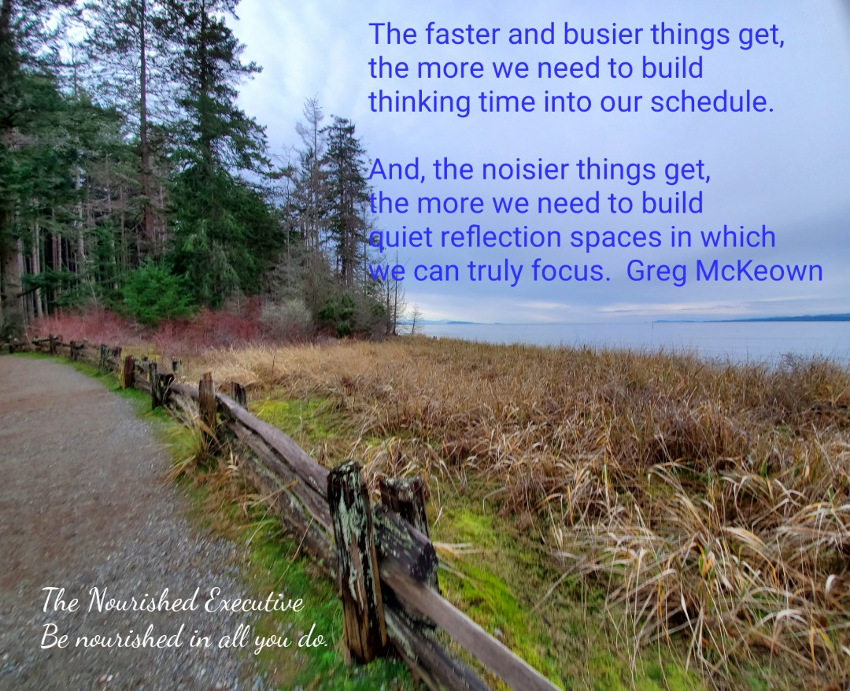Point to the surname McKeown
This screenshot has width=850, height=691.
coord(759,271)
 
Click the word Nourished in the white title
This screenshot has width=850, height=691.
coord(142,601)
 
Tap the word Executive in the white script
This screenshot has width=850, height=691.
coord(253,601)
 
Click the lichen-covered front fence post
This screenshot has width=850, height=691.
coord(357,561)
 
